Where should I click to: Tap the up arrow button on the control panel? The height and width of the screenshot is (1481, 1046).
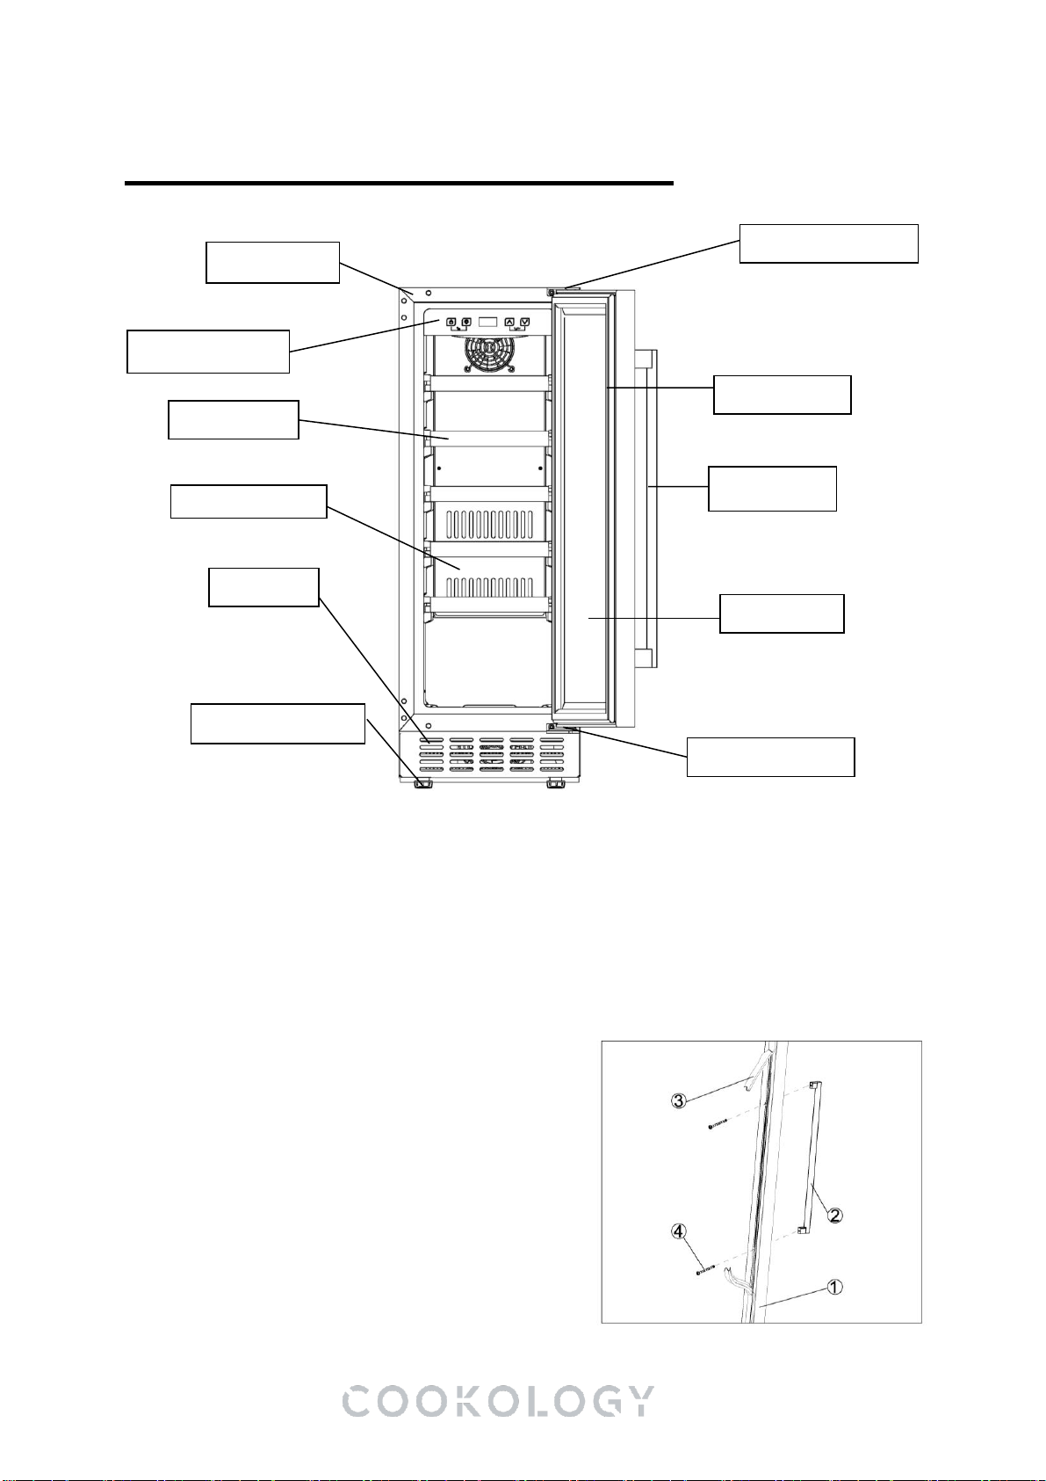pos(509,322)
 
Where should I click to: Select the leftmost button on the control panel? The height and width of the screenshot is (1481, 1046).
pos(452,322)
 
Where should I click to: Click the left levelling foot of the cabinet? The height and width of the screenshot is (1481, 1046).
pos(423,784)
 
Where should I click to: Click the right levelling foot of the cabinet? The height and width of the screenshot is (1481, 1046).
pos(556,784)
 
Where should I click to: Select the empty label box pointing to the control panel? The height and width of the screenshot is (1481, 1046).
pos(208,351)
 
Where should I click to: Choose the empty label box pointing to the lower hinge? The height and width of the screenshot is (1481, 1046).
pos(770,757)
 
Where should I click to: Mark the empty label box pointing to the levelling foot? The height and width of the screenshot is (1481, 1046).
pos(278,724)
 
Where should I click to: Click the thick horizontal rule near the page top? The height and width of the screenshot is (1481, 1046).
pos(399,183)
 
